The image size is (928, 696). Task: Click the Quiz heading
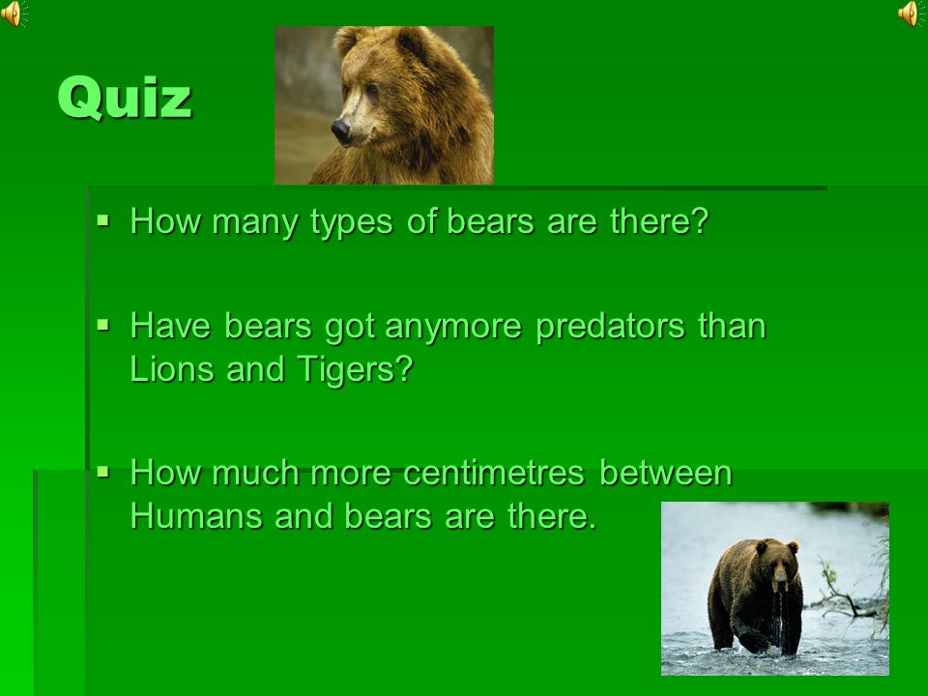pyautogui.click(x=125, y=97)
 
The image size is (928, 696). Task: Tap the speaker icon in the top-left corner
pyautogui.click(x=13, y=14)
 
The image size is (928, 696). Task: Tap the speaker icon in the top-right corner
pyautogui.click(x=912, y=14)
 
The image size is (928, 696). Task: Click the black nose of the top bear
pyautogui.click(x=341, y=130)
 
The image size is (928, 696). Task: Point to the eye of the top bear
pyautogui.click(x=371, y=90)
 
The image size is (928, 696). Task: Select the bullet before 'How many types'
pyautogui.click(x=103, y=221)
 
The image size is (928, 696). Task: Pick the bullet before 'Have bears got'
pyautogui.click(x=103, y=325)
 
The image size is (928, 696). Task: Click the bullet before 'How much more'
pyautogui.click(x=103, y=472)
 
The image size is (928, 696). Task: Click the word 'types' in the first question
pyautogui.click(x=351, y=223)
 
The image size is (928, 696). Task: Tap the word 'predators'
pyautogui.click(x=610, y=326)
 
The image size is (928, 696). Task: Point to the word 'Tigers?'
pyautogui.click(x=355, y=370)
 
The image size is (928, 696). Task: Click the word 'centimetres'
pyautogui.click(x=494, y=473)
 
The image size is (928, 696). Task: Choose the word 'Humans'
pyautogui.click(x=196, y=516)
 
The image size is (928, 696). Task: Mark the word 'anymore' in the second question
pyautogui.click(x=452, y=328)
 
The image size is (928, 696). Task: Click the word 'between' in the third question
pyautogui.click(x=666, y=473)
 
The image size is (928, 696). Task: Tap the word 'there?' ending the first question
pyautogui.click(x=659, y=221)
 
